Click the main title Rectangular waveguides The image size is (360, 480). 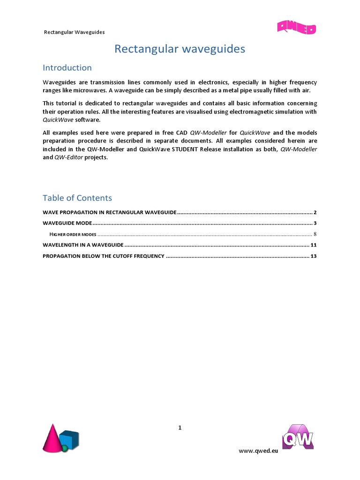click(180, 49)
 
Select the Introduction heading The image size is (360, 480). click(67, 68)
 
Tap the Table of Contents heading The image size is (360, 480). click(77, 197)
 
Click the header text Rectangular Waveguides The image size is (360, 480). click(74, 32)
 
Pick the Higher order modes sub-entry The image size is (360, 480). click(73, 234)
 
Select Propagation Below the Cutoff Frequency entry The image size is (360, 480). click(104, 256)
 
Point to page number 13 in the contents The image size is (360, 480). click(314, 256)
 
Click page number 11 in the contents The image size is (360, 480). click(314, 245)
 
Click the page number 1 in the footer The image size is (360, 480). click(180, 427)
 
